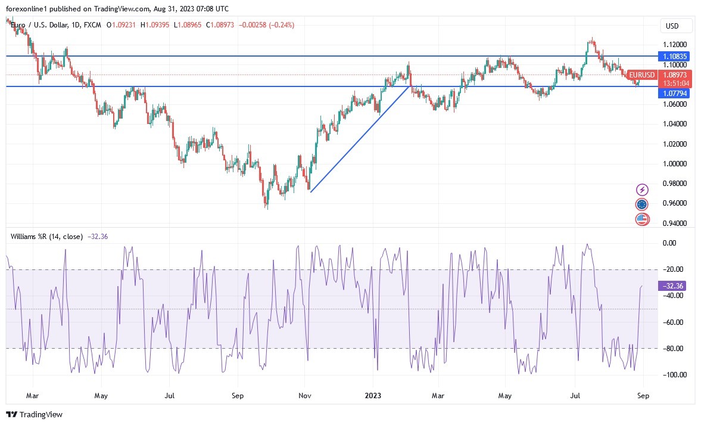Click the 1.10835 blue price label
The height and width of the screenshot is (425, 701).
(x=675, y=56)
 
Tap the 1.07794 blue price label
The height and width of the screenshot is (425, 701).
(x=675, y=94)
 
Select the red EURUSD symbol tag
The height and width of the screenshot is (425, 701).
(x=642, y=75)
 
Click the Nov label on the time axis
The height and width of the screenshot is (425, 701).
(x=305, y=395)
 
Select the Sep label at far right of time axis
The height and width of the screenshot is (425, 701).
(x=643, y=395)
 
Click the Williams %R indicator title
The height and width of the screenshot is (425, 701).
(x=47, y=237)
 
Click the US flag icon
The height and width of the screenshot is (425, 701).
(x=642, y=219)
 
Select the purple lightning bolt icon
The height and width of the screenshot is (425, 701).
(x=642, y=190)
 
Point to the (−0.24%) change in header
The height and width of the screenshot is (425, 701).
(x=279, y=25)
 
